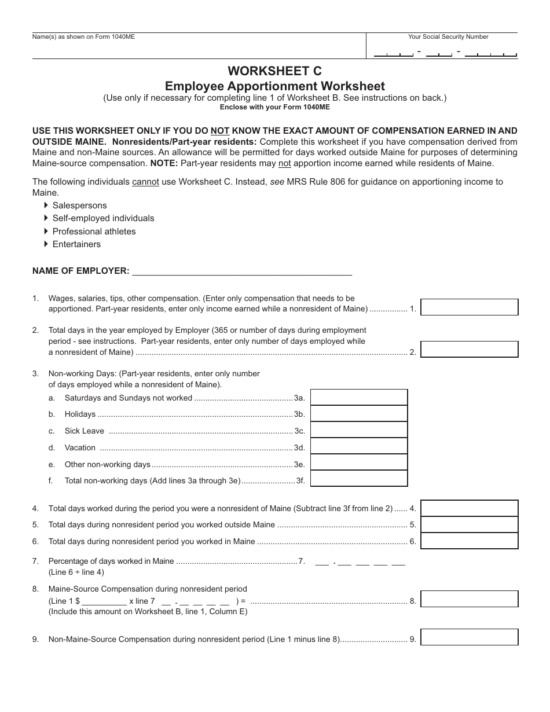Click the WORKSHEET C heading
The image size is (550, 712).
[274, 71]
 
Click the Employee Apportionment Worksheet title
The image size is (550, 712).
[274, 86]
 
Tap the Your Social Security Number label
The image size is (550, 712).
[448, 37]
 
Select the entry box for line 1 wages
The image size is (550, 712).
[469, 307]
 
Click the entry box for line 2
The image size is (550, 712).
[469, 350]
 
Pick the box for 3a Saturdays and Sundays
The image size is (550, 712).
[359, 397]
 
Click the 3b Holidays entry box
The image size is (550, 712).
[359, 413]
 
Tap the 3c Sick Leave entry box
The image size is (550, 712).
[359, 430]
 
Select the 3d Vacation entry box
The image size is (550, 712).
[359, 446]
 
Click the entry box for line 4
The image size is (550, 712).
[469, 508]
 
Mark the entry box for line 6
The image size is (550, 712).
[469, 541]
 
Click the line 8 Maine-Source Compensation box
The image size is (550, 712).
[469, 599]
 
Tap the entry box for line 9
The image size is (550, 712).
[469, 637]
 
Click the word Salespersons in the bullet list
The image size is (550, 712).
[79, 205]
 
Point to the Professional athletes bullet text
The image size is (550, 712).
[94, 232]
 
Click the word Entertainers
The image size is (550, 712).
[76, 244]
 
